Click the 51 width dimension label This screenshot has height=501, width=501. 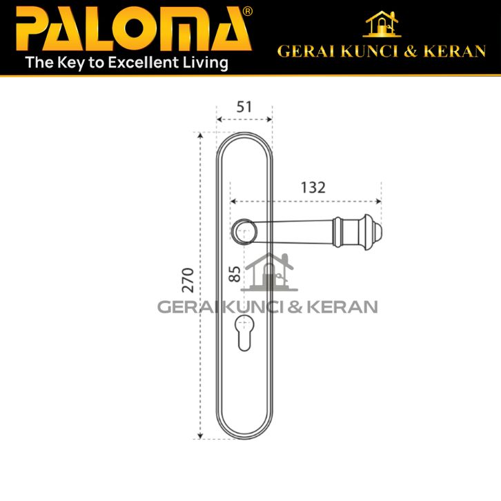[x=244, y=107]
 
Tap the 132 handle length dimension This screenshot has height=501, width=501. [x=313, y=188]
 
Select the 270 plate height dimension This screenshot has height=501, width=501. [x=188, y=280]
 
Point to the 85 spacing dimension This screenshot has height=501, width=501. [x=235, y=274]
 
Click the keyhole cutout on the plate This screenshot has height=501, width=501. [x=244, y=333]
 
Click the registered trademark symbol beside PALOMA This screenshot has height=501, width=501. [x=247, y=12]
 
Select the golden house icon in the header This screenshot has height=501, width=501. [x=382, y=24]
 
